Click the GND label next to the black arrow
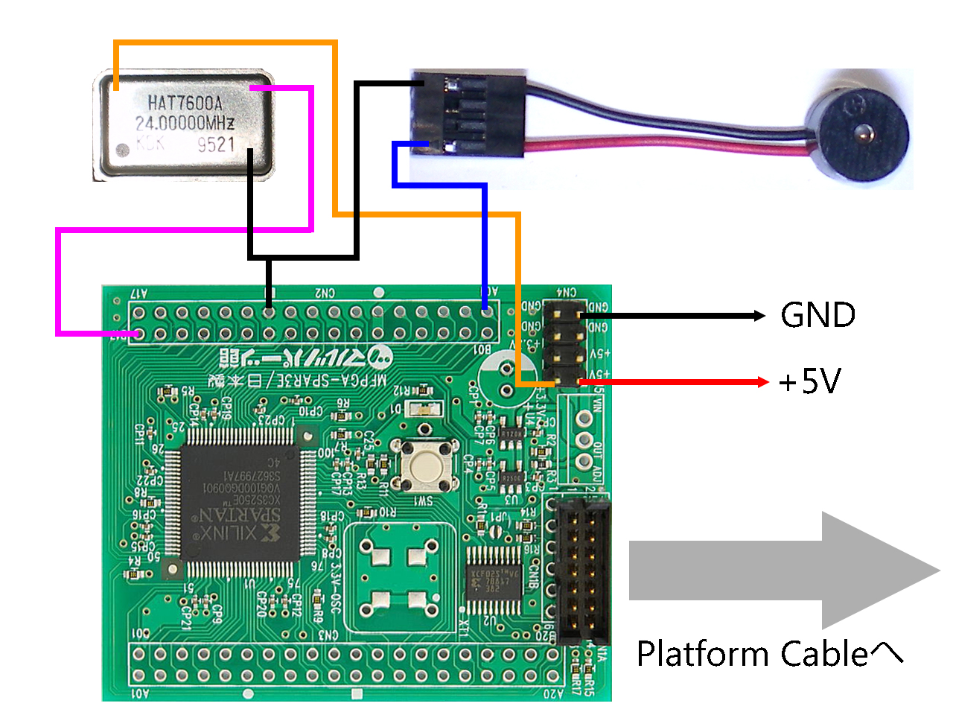817,315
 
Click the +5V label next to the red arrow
810,382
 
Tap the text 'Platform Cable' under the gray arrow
753,654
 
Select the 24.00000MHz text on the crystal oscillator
185,123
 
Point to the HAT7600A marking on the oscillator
185,102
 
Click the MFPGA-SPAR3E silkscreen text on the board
298,380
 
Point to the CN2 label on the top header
325,293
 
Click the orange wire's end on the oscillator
116,86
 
